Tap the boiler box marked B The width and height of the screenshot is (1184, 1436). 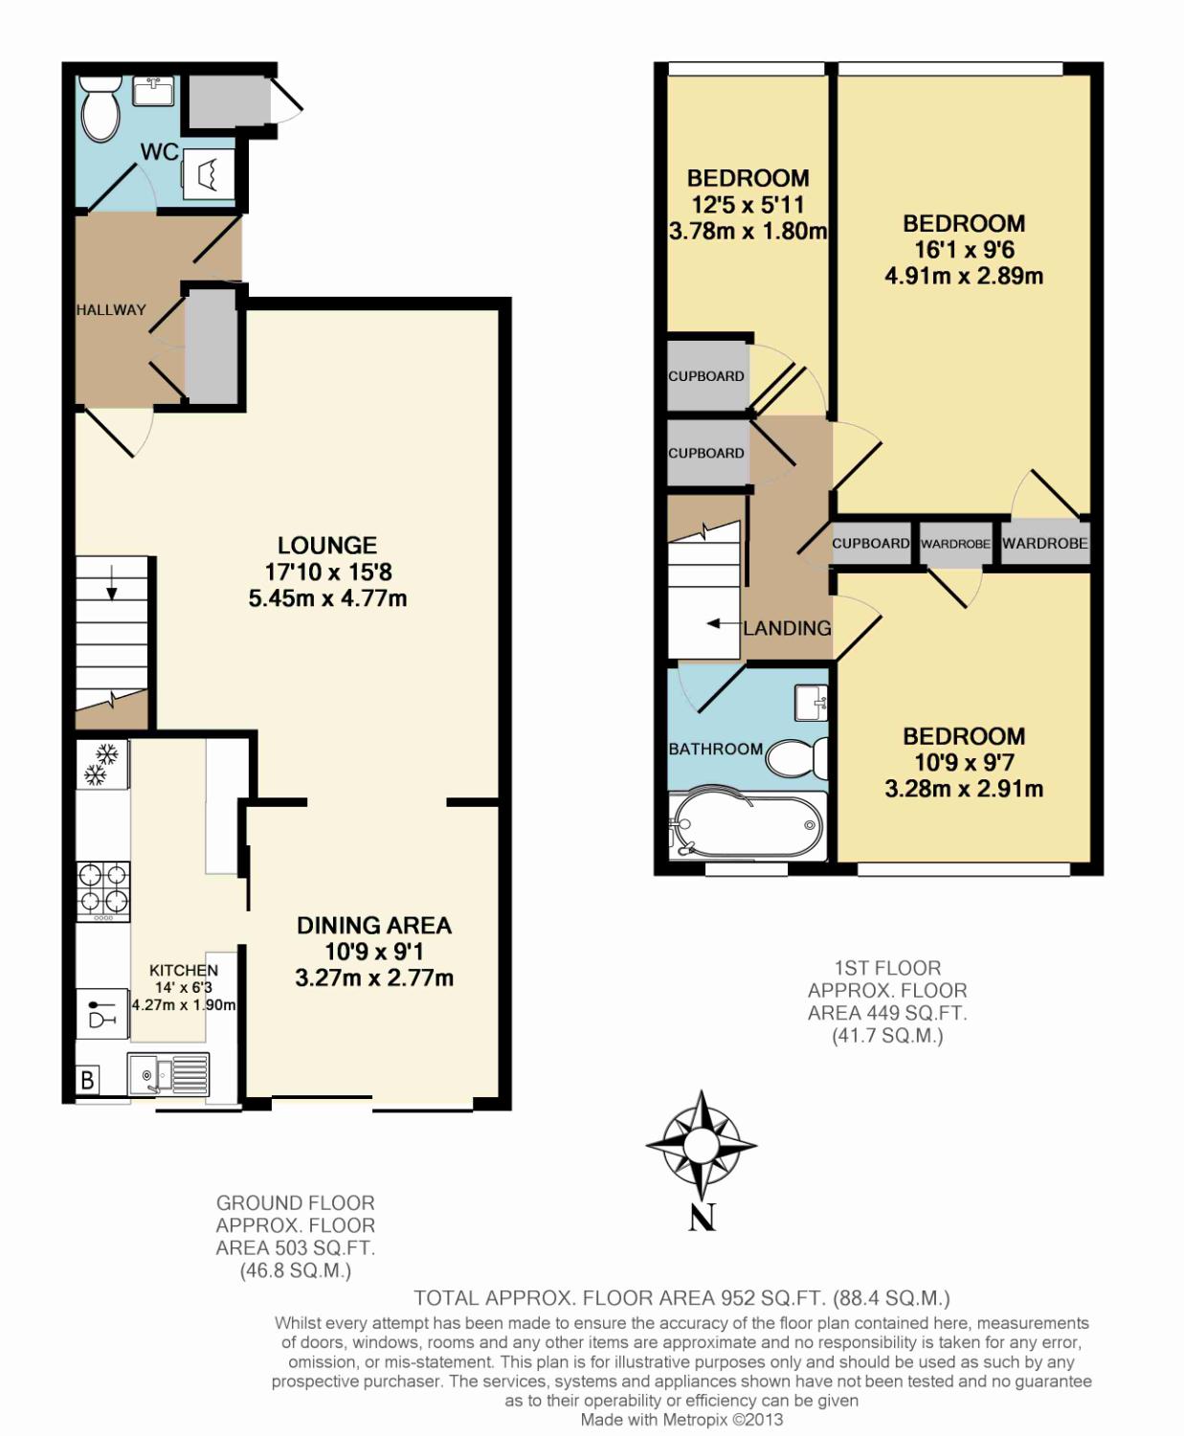coord(87,1079)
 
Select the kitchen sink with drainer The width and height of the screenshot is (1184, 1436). coord(168,1074)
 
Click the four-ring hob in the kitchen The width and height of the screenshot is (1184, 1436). coord(103,891)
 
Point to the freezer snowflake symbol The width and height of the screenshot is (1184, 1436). coord(101,765)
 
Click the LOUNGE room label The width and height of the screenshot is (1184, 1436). coord(327,546)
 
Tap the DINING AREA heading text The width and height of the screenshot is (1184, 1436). coord(374,926)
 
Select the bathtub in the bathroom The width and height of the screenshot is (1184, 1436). coord(748,825)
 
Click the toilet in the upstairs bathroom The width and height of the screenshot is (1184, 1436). coord(797,758)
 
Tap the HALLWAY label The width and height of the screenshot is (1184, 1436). coord(111,310)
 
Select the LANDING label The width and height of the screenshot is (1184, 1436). coord(788,628)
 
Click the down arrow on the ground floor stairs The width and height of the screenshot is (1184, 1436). coord(111,586)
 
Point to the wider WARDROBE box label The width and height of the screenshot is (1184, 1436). coord(1045,544)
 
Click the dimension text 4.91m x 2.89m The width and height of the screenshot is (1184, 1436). coord(964,276)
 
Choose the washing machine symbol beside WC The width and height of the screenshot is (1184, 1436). coord(209,174)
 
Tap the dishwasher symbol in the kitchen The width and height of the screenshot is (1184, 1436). coord(101,1013)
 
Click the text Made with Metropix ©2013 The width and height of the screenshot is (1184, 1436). coord(681,1420)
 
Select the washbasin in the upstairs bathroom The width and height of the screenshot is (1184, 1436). coord(812,702)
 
